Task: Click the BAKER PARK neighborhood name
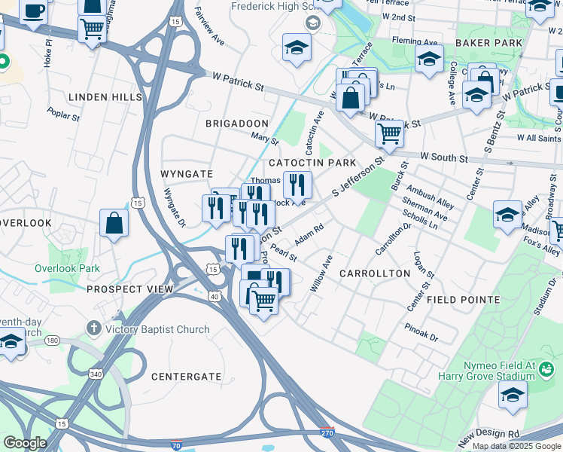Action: click(x=488, y=44)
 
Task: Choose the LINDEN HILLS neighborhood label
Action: click(x=105, y=98)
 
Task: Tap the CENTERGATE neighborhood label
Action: click(x=186, y=376)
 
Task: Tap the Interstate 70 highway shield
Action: click(x=176, y=446)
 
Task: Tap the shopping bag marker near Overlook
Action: click(x=114, y=223)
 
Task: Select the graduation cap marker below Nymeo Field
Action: click(x=513, y=394)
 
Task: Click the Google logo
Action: click(x=24, y=443)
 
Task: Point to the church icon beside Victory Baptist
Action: click(x=93, y=329)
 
